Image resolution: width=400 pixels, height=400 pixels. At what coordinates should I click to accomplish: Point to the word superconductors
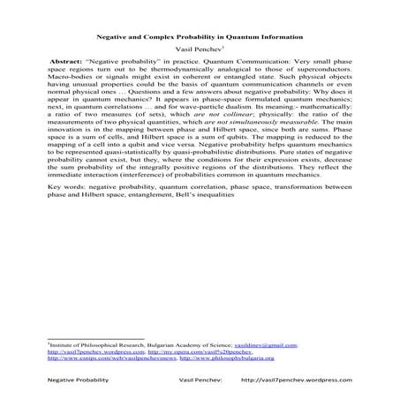click(x=310, y=74)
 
